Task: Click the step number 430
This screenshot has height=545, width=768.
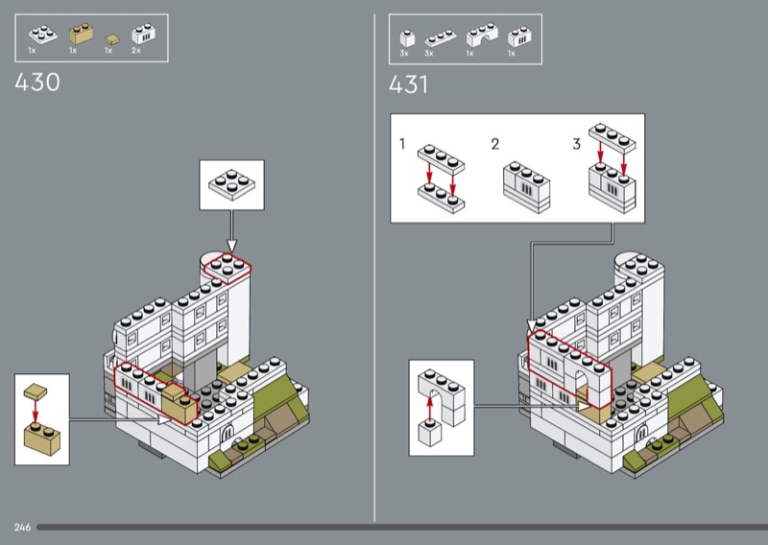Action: (37, 83)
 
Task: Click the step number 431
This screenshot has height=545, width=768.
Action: (408, 84)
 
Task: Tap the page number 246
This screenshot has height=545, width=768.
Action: (22, 528)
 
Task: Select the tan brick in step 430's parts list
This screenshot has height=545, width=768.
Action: (81, 34)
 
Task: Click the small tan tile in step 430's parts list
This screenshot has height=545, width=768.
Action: (111, 38)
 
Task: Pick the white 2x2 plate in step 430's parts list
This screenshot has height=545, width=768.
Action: (42, 34)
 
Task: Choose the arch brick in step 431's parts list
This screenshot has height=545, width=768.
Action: (482, 35)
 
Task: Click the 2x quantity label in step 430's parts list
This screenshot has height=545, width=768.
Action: (135, 51)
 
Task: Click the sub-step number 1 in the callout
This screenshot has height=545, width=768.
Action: (402, 144)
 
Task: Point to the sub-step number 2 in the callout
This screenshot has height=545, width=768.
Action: (495, 144)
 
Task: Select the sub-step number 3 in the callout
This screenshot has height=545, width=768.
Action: (577, 144)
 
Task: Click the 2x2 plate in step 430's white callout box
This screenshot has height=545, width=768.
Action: (231, 184)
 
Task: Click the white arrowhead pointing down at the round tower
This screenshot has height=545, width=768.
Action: (231, 246)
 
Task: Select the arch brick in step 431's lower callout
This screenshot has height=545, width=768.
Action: (442, 397)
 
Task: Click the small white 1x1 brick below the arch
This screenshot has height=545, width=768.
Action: (430, 434)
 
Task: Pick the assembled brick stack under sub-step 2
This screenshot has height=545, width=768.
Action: (526, 187)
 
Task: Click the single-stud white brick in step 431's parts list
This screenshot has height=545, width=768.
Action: (407, 38)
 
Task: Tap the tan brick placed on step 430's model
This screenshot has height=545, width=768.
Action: (179, 404)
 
